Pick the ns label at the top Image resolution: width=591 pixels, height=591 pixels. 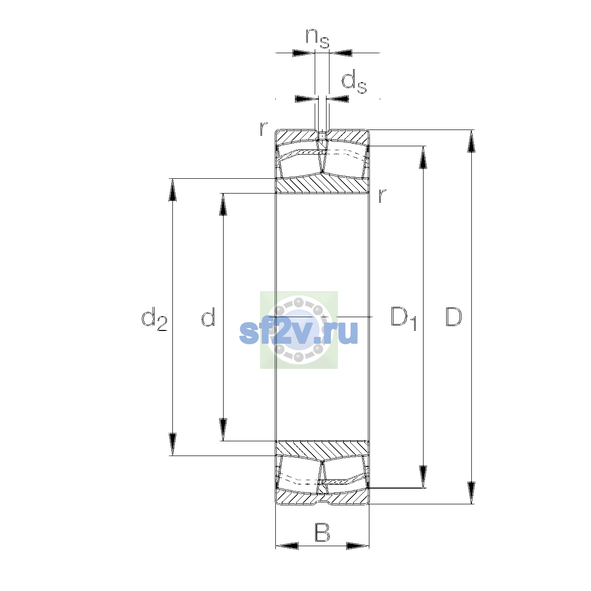(x=318, y=38)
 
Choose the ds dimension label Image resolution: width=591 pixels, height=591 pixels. (x=354, y=81)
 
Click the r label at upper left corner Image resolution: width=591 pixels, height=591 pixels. (x=263, y=129)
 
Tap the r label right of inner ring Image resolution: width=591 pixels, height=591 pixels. (x=382, y=196)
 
